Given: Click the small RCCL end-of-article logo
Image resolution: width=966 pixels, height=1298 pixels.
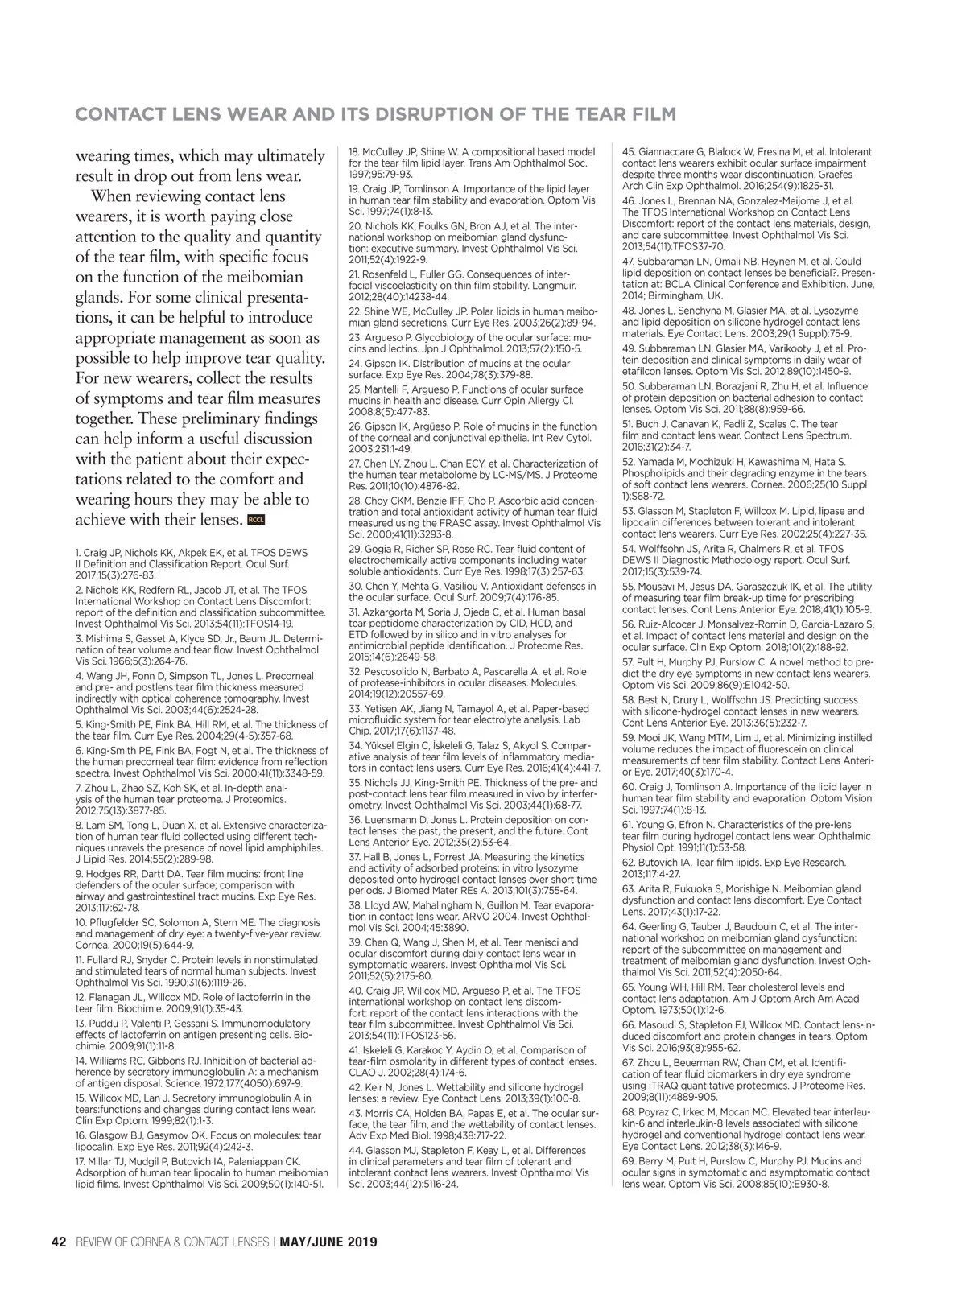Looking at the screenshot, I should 257,520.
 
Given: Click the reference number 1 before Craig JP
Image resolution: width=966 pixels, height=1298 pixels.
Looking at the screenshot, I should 77,553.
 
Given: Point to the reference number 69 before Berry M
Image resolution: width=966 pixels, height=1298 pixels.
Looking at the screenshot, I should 629,1161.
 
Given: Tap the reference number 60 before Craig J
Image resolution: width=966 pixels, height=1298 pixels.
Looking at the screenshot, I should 629,786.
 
